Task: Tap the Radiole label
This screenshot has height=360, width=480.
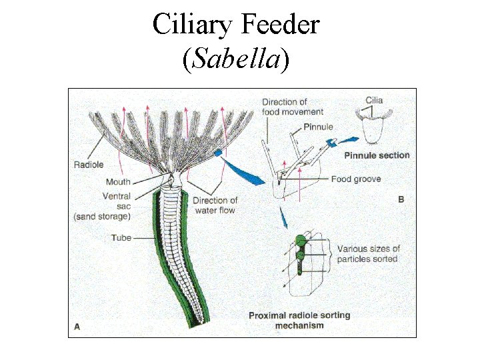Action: click(x=89, y=165)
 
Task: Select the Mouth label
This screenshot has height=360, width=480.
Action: click(x=118, y=181)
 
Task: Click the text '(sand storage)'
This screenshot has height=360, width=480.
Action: click(x=101, y=216)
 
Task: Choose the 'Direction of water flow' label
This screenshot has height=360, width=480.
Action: click(x=215, y=205)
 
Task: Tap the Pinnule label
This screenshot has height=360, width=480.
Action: click(x=318, y=127)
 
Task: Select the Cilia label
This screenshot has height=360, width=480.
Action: click(x=374, y=101)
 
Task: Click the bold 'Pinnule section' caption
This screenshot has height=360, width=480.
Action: click(x=377, y=155)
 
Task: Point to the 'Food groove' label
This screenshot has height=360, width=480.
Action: click(x=356, y=179)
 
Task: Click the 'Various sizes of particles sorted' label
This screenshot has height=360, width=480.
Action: click(x=368, y=253)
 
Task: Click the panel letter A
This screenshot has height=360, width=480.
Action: click(x=77, y=327)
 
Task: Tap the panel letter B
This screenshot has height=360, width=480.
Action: click(x=401, y=199)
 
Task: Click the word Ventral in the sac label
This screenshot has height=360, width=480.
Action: click(x=117, y=196)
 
